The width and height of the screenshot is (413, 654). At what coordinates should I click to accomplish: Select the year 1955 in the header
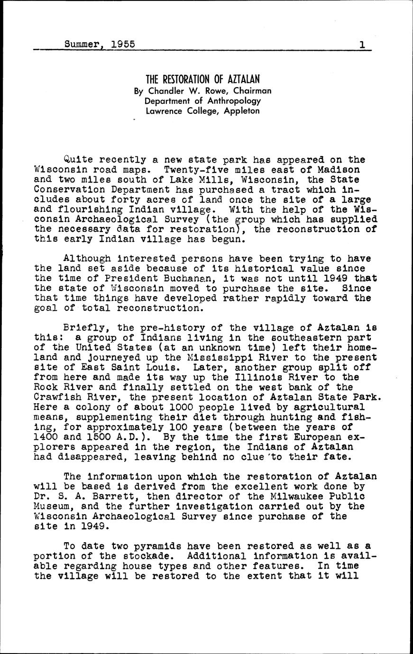pyautogui.click(x=122, y=45)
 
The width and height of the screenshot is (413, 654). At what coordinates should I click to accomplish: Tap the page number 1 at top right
pyautogui.click(x=361, y=45)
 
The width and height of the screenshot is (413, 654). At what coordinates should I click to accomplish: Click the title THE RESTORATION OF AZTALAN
pyautogui.click(x=202, y=79)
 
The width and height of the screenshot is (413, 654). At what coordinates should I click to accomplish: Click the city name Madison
pyautogui.click(x=339, y=170)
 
